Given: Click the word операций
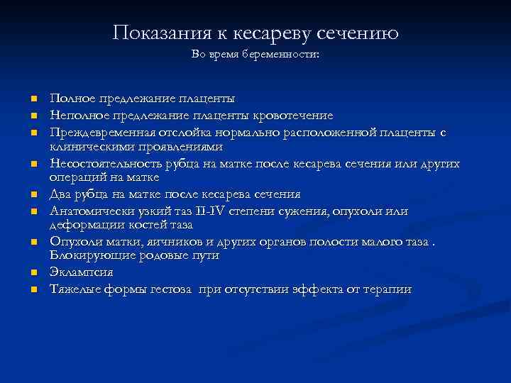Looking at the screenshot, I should coord(77,178).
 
